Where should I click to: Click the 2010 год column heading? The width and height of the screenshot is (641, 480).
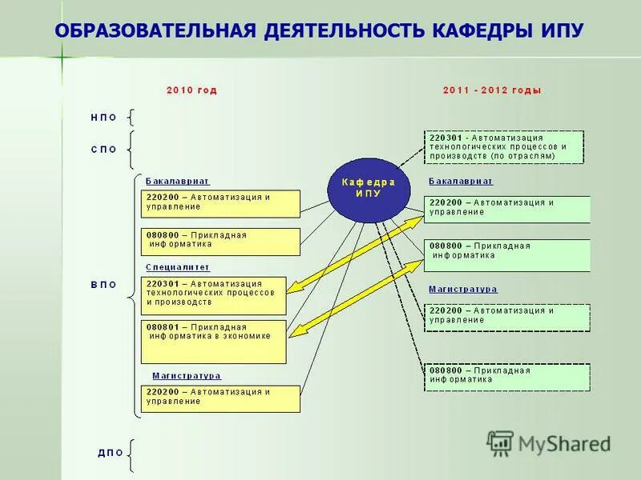click(191, 90)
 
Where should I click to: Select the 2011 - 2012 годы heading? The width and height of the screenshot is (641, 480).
click(492, 90)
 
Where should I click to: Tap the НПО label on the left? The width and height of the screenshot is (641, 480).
click(103, 118)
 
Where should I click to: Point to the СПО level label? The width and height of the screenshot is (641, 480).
click(103, 149)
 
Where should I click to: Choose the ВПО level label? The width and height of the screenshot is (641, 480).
click(103, 284)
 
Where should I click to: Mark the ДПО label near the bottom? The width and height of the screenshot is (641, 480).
click(111, 453)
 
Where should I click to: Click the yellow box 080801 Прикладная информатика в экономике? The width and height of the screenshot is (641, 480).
click(213, 342)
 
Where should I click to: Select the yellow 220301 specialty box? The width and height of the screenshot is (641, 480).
click(213, 294)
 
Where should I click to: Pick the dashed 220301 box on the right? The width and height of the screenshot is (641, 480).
click(504, 147)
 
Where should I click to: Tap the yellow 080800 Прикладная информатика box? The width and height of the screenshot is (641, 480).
click(220, 241)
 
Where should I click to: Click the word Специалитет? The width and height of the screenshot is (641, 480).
click(177, 267)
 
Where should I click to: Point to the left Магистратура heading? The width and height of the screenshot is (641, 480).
click(186, 375)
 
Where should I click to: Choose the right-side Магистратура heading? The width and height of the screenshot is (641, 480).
click(462, 289)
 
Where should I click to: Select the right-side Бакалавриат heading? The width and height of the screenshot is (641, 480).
click(460, 182)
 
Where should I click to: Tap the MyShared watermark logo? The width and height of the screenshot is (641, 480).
click(549, 443)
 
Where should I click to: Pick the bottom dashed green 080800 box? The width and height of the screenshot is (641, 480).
click(506, 377)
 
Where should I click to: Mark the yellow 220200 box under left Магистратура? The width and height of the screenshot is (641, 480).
click(220, 398)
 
